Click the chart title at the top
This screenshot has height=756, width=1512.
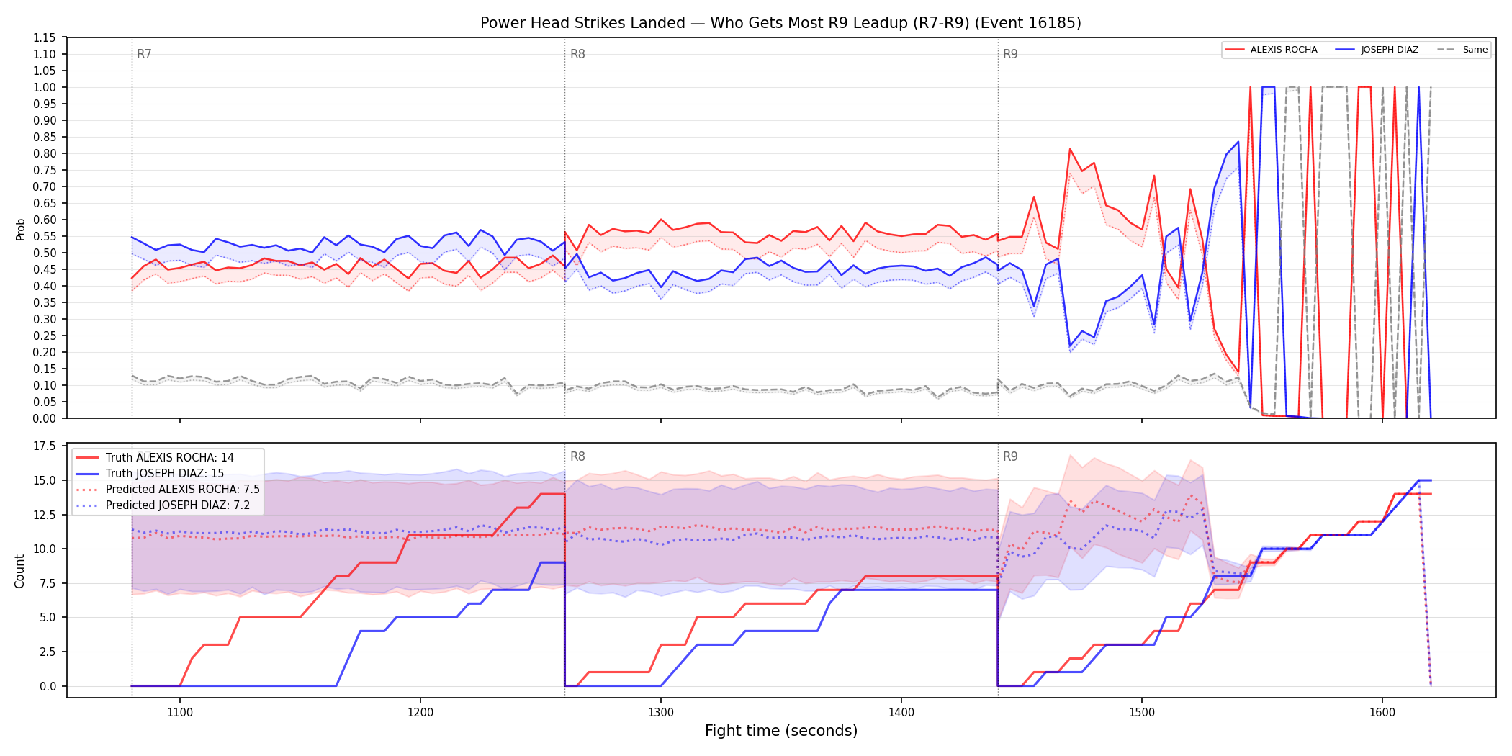pos(780,23)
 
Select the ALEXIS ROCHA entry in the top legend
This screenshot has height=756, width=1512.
pos(1272,50)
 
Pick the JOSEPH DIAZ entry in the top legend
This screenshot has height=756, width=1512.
pos(1377,50)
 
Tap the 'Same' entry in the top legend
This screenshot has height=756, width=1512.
pos(1462,50)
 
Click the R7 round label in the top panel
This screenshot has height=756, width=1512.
pos(144,54)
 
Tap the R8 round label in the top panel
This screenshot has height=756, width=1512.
pos(577,54)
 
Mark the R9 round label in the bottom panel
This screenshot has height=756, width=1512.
pos(1010,456)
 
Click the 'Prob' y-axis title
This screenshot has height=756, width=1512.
pos(20,229)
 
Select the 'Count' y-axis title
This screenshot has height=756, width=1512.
pos(19,571)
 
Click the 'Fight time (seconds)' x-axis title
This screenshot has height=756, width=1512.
pos(781,731)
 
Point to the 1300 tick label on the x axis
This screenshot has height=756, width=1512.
pos(661,713)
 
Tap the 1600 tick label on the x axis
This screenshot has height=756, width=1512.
pos(1382,713)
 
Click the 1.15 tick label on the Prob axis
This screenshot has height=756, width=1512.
pos(45,37)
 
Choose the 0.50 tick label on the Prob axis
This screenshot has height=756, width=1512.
pos(45,253)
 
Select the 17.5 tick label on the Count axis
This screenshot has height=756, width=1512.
pos(45,446)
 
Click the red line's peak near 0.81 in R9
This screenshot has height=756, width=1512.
pos(1070,149)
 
